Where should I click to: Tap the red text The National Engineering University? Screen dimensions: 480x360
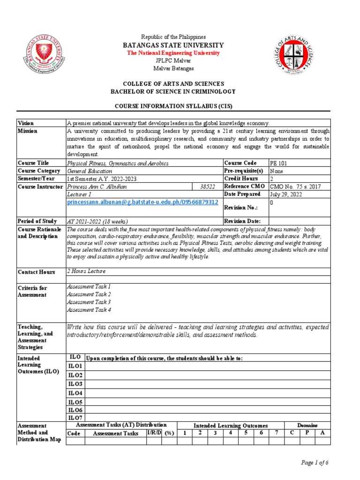pyautogui.click(x=173, y=53)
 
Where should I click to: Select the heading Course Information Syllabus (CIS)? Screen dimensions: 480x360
pyautogui.click(x=173, y=106)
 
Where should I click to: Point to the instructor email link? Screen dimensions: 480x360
pyautogui.click(x=143, y=202)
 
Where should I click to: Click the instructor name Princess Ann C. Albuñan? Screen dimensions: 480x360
pyautogui.click(x=97, y=187)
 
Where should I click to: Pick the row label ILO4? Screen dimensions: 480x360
pyautogui.click(x=75, y=393)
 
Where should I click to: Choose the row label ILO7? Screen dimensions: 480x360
pyautogui.click(x=75, y=418)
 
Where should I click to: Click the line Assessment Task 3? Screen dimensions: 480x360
pyautogui.click(x=89, y=302)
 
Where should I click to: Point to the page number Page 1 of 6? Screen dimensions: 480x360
pyautogui.click(x=315, y=463)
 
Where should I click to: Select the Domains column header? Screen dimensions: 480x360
pyautogui.click(x=307, y=425)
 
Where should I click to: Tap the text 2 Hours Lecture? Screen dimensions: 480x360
pyautogui.click(x=87, y=271)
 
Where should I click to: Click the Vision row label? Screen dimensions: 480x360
pyautogui.click(x=26, y=123)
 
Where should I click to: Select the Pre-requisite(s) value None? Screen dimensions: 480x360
pyautogui.click(x=277, y=171)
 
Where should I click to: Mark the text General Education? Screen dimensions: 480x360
pyautogui.click(x=90, y=171)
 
